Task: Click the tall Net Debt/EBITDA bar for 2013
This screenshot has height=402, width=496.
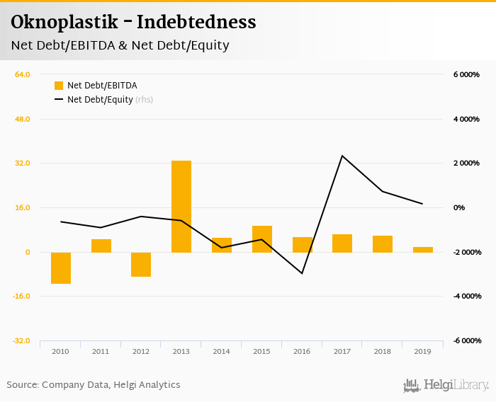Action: click(181, 206)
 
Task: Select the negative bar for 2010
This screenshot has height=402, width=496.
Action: click(61, 268)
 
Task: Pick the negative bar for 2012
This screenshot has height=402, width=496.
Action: click(141, 264)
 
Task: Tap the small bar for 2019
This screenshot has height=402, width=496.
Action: click(422, 249)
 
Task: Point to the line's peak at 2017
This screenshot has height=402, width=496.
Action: click(342, 156)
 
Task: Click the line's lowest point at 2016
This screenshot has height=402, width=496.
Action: click(302, 273)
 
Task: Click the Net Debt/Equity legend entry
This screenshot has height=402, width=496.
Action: click(100, 100)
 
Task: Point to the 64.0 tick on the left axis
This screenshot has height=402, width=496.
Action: click(22, 74)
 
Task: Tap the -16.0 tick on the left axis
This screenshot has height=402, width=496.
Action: click(21, 296)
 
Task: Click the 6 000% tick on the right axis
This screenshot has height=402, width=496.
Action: click(467, 74)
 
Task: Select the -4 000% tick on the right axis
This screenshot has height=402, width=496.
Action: click(467, 296)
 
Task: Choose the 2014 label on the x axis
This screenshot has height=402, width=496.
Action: click(221, 351)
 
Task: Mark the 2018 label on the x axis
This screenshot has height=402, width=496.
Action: click(383, 351)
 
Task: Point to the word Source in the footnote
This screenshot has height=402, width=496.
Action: click(22, 385)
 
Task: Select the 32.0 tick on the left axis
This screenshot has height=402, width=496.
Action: click(22, 163)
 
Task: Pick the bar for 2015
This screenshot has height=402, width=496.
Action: click(261, 239)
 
